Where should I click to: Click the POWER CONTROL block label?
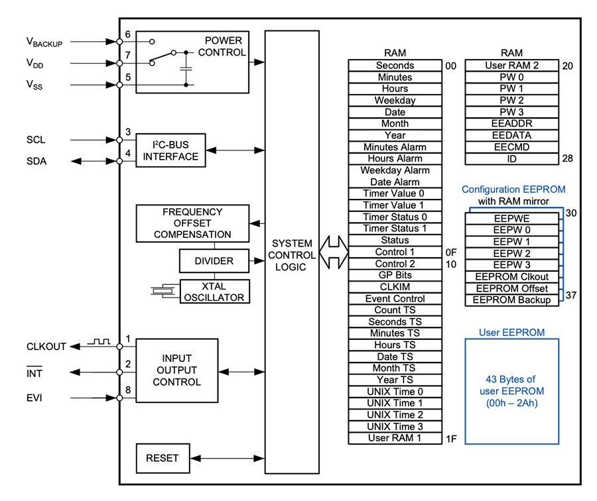click(x=222, y=46)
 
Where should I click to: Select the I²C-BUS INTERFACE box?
click(x=170, y=151)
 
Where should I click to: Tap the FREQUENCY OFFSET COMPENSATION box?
click(x=192, y=223)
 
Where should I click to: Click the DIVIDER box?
click(x=214, y=261)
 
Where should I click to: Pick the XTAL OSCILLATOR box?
click(x=214, y=292)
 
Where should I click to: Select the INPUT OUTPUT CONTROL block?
click(x=176, y=370)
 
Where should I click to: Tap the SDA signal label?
click(x=36, y=162)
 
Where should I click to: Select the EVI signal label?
click(x=35, y=398)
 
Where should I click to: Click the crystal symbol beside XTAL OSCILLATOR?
click(x=162, y=290)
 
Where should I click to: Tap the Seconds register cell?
click(x=395, y=66)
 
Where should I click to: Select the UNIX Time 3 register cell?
click(x=395, y=427)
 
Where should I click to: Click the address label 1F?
click(x=451, y=439)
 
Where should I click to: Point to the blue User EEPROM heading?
click(x=511, y=332)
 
